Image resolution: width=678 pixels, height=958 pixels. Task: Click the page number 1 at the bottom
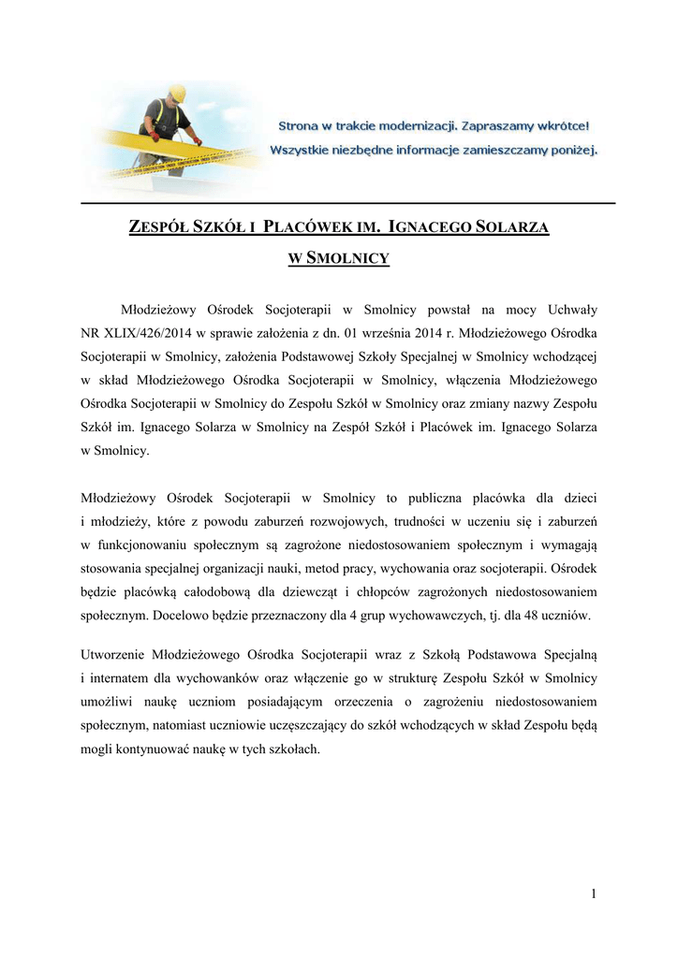click(593, 894)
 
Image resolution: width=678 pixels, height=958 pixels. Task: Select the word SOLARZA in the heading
click(514, 228)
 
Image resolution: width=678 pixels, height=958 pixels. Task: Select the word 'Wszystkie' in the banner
click(306, 149)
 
